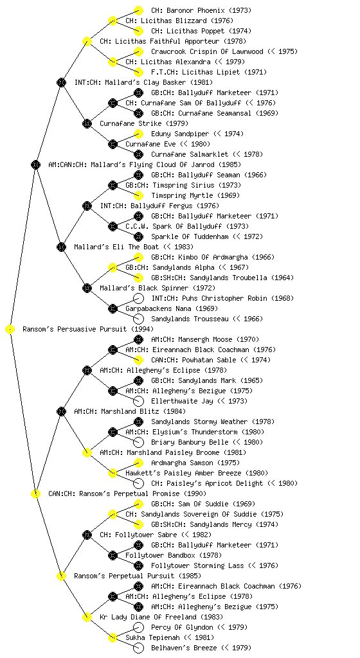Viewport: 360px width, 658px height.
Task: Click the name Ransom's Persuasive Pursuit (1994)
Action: click(88, 330)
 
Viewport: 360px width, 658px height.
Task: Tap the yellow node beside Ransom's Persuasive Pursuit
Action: click(10, 330)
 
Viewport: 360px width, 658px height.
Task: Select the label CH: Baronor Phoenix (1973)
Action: click(201, 10)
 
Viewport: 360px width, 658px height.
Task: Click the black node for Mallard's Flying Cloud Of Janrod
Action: click(35, 165)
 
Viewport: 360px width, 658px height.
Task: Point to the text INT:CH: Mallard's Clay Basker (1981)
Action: click(143, 83)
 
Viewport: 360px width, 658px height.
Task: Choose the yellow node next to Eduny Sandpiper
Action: click(138, 134)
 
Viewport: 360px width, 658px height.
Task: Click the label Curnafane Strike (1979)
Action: click(144, 124)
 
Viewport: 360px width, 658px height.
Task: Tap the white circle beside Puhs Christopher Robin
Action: click(138, 298)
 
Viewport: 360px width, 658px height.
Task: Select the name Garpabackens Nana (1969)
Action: click(171, 309)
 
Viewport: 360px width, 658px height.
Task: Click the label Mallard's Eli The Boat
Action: click(116, 247)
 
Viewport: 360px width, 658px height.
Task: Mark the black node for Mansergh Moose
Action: click(138, 339)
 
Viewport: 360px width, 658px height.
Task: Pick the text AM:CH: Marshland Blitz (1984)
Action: click(130, 412)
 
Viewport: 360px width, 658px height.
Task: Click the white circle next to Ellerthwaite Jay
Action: click(138, 401)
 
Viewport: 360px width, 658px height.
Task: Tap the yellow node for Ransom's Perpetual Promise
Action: click(35, 494)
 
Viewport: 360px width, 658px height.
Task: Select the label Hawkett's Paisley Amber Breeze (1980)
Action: click(197, 474)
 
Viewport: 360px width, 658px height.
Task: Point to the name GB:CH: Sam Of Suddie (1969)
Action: click(203, 504)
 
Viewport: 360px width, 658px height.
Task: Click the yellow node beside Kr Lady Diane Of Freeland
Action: click(87, 618)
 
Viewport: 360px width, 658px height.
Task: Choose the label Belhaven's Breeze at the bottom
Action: click(184, 648)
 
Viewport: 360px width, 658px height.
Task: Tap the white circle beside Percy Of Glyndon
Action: click(138, 627)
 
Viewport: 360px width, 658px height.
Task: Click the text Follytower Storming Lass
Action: click(197, 565)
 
